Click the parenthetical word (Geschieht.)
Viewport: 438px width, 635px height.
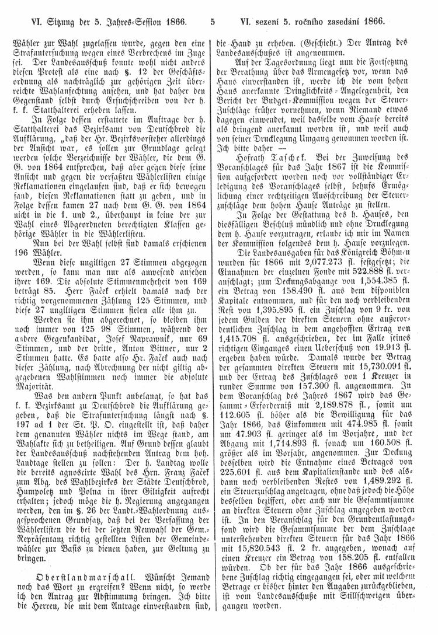pyautogui.click(x=297, y=43)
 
